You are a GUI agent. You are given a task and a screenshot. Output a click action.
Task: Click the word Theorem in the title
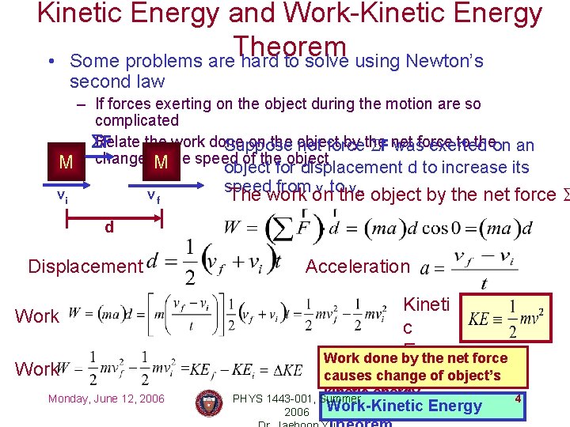[290, 48]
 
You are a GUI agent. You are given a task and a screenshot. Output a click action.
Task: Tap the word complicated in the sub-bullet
[136, 120]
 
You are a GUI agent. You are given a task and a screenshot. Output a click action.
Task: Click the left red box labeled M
[66, 163]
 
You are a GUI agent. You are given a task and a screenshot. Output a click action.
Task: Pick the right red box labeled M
[161, 163]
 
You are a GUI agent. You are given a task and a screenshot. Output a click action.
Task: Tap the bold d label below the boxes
[110, 228]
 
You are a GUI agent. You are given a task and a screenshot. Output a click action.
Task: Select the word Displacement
[84, 266]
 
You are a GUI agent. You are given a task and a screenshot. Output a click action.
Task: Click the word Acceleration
[358, 266]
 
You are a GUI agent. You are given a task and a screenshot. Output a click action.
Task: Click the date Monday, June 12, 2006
[106, 399]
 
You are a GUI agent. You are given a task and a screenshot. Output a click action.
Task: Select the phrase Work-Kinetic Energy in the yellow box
[404, 406]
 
